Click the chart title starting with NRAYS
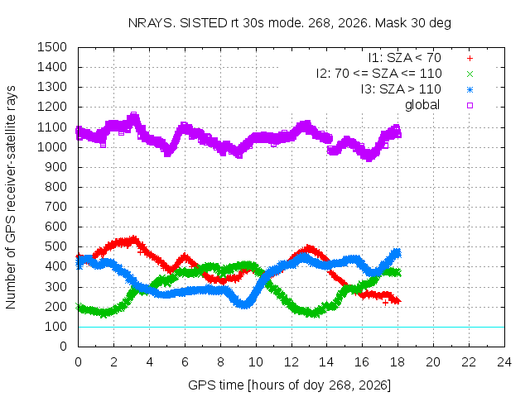[290, 23]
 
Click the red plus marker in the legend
[470, 59]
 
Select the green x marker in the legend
[470, 74]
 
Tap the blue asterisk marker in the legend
[470, 90]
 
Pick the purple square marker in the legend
[470, 105]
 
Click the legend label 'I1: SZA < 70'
[405, 58]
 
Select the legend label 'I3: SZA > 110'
[401, 89]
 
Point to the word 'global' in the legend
[422, 105]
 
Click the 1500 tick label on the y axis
[52, 47]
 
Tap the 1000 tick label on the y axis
[52, 147]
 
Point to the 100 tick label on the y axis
[55, 327]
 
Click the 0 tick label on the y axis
[63, 347]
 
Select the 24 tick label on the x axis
[504, 362]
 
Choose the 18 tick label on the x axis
[397, 362]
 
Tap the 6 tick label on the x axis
[185, 362]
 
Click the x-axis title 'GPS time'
[215, 385]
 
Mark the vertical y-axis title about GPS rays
[11, 197]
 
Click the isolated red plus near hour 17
[385, 303]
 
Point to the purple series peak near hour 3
[134, 116]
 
